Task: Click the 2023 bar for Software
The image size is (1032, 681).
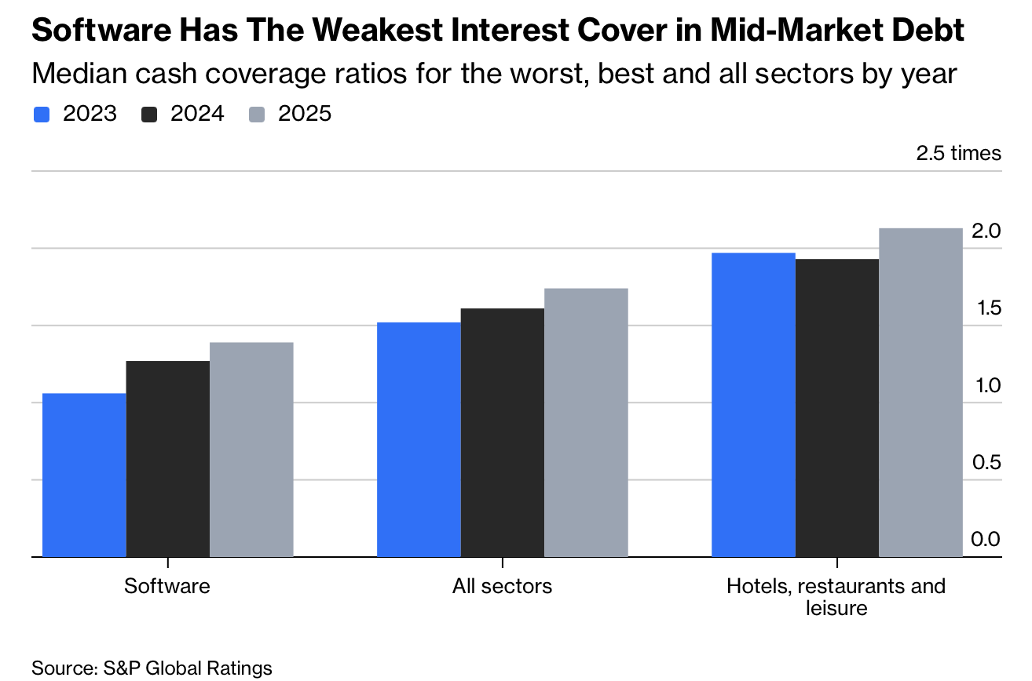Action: (x=84, y=475)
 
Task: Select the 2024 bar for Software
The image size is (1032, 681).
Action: (x=168, y=459)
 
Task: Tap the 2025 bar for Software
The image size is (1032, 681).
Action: (x=251, y=450)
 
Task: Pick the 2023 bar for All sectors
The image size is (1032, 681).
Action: (x=419, y=439)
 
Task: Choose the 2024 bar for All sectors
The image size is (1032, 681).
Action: (x=503, y=432)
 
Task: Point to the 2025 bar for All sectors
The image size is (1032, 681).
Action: (x=586, y=423)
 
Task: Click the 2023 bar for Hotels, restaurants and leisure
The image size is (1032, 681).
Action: (x=753, y=405)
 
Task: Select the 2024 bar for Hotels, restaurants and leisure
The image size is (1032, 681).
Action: (x=837, y=408)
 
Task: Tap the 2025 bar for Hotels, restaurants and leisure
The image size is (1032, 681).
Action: (x=920, y=392)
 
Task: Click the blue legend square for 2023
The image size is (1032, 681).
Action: (x=42, y=115)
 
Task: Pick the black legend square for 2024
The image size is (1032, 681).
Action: (x=149, y=115)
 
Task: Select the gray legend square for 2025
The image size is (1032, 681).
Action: (x=258, y=115)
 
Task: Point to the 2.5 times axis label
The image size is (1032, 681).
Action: (x=958, y=153)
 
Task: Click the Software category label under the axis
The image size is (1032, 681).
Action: (x=167, y=586)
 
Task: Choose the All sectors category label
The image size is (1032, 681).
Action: (x=502, y=586)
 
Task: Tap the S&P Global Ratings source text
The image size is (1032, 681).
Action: (x=188, y=668)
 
